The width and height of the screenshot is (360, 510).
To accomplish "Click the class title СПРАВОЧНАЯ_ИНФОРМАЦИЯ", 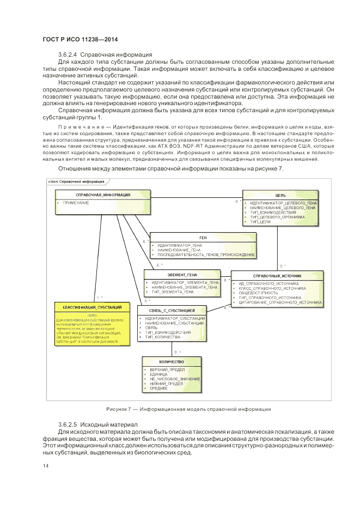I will [x=95, y=195].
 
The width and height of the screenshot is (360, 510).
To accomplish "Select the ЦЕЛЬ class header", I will [x=280, y=195].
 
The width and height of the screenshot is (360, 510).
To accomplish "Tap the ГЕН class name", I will [x=203, y=238].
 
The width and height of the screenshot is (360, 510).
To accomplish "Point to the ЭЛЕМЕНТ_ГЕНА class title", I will [x=182, y=275].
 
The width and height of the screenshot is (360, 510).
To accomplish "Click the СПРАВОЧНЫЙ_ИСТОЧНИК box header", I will [x=278, y=276].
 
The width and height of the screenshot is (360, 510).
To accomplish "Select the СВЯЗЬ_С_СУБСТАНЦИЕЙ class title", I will [x=173, y=310].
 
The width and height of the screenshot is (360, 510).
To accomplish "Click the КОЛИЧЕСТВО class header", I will [x=172, y=362].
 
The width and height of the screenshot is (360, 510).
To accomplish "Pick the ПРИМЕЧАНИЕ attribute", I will [x=76, y=203].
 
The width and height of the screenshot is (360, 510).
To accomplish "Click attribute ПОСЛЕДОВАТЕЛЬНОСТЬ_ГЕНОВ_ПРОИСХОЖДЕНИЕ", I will [x=206, y=255].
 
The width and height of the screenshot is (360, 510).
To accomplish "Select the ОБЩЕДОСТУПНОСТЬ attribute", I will [x=255, y=293].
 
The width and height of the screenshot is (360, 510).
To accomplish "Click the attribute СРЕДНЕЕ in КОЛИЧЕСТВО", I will [x=159, y=388].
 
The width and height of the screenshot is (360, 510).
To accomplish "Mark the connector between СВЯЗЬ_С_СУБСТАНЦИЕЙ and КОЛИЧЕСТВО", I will [x=172, y=349].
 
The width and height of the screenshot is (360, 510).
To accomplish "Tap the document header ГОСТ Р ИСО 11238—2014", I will [x=80, y=40].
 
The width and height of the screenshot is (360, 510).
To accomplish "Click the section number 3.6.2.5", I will [x=68, y=424].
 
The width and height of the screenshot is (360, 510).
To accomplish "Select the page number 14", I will [x=45, y=465].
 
